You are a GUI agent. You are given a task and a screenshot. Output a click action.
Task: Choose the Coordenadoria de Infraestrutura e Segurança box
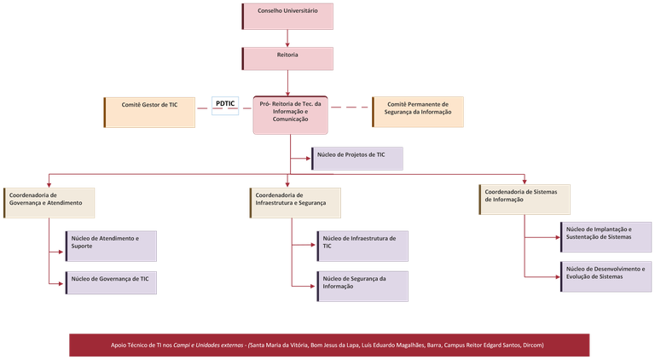[x=295, y=202]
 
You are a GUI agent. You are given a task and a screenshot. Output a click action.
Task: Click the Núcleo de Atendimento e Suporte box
[x=112, y=243]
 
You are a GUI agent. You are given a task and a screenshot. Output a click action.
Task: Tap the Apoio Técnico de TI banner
[x=329, y=345]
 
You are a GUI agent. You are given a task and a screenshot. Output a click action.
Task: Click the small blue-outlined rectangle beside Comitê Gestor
[x=225, y=107]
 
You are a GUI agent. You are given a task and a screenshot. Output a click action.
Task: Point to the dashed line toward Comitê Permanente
[x=351, y=107]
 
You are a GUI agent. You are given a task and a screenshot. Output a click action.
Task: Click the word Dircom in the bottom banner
[x=530, y=345]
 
